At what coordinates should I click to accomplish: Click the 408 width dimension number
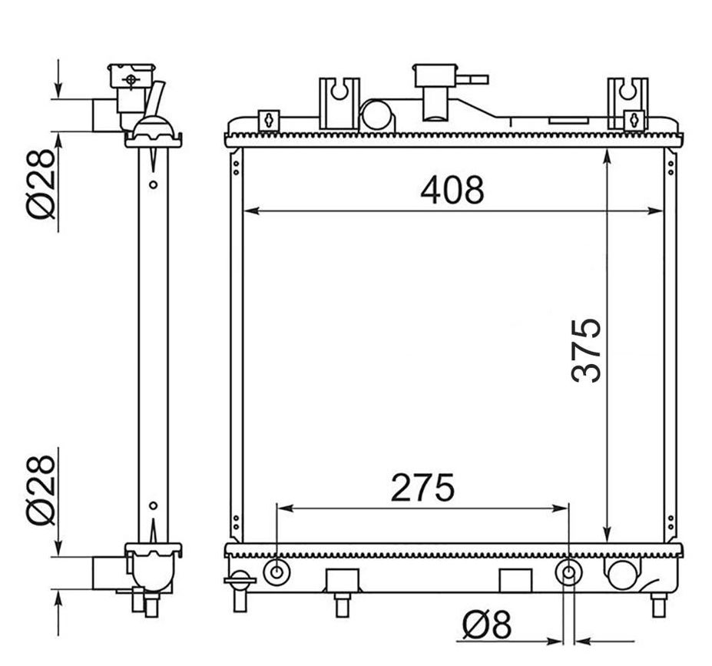(452, 190)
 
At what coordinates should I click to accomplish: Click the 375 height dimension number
(586, 350)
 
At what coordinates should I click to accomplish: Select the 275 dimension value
(422, 488)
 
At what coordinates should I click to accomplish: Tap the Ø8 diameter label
(487, 625)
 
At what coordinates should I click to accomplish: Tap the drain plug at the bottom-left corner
(240, 590)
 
